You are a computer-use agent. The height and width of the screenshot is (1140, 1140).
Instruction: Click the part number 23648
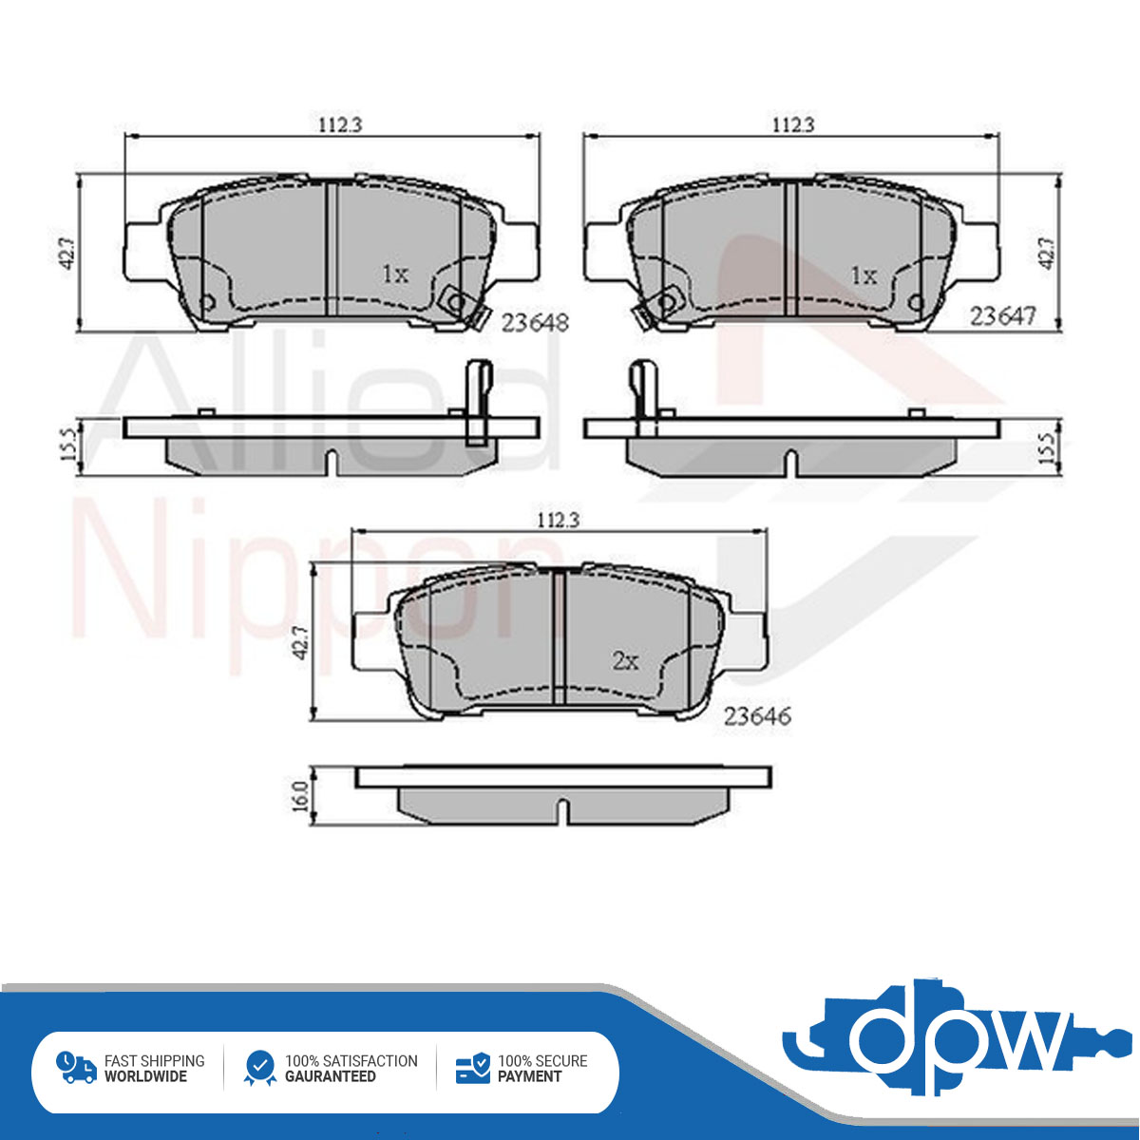535,322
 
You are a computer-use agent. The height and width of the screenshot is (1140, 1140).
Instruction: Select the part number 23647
1003,316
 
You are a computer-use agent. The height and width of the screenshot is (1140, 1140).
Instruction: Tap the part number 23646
757,716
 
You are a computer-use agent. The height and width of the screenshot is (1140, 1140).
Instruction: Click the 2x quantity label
625,661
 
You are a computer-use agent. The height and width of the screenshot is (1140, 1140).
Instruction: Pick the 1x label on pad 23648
394,274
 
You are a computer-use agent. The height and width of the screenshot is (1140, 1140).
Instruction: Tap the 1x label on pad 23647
864,275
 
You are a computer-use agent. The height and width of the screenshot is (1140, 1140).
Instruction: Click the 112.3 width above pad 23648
340,125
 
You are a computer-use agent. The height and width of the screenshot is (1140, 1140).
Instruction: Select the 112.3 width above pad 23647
793,124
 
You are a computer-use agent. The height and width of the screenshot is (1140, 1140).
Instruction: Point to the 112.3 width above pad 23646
557,520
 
